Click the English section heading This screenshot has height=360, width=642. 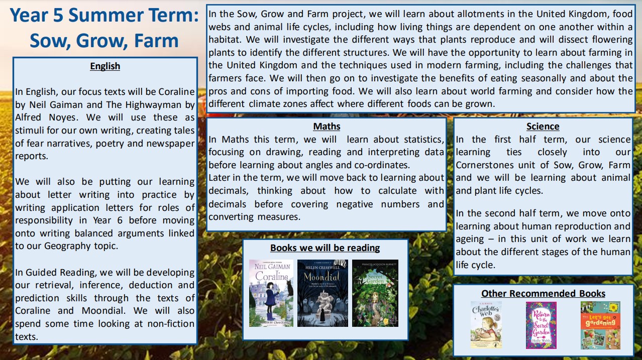pos(105,66)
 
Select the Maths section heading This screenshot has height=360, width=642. pos(327,126)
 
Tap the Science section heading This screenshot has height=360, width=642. pos(543,127)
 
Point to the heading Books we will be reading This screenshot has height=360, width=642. pos(325,248)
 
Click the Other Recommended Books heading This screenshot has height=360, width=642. pos(543,293)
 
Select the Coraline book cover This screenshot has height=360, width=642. pos(271,293)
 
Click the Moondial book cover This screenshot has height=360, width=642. pos(323,293)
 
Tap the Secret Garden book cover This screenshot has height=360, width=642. pos(375,293)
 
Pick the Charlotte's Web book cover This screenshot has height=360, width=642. pos(486,325)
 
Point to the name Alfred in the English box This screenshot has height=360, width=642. pos(30,118)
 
